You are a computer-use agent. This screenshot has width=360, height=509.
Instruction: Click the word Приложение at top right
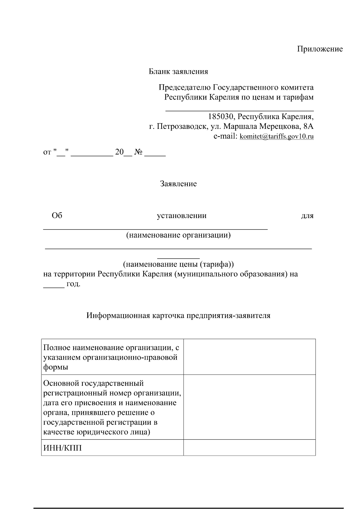click(320, 49)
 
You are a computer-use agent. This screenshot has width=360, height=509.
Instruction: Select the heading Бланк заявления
click(178, 72)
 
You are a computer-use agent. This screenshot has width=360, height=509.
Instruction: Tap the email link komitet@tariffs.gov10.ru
click(277, 136)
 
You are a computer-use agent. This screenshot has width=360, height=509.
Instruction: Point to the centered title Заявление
click(178, 184)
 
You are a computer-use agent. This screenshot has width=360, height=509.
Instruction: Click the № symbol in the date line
click(138, 152)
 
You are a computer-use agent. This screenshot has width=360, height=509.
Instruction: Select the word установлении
click(182, 216)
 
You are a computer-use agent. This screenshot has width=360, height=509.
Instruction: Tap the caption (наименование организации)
click(178, 235)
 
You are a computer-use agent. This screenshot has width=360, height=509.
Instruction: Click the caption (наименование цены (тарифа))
click(178, 264)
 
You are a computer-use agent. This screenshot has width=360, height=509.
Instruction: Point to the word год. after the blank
click(73, 284)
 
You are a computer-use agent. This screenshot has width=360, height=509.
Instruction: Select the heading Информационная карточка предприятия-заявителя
click(178, 316)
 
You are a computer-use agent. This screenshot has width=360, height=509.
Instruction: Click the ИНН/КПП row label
click(62, 448)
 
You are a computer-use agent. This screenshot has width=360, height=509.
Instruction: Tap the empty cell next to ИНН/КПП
click(249, 448)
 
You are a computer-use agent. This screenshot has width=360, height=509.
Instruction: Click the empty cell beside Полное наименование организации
click(249, 357)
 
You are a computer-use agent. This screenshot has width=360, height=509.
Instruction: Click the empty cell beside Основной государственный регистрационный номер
click(249, 407)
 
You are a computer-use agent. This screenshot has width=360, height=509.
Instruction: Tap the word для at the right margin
click(307, 216)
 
